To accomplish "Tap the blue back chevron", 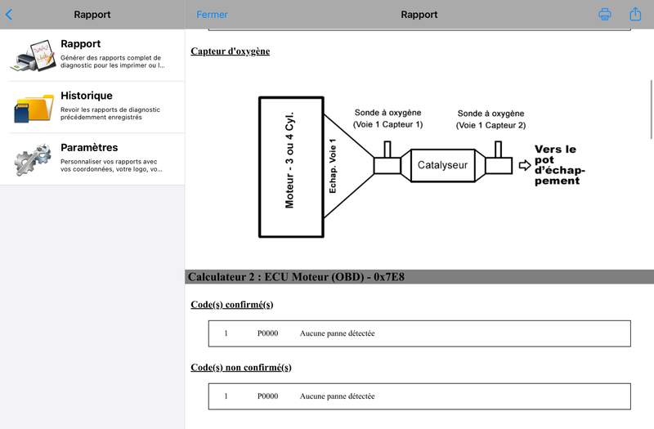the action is click(9, 15).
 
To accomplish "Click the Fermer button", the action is click(212, 15).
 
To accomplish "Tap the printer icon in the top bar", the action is click(605, 14).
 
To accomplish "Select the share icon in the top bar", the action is click(635, 14).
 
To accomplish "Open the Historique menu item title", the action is click(87, 96).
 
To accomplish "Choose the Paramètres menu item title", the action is click(89, 147).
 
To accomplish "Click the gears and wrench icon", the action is click(33, 159).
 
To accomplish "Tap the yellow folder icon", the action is click(34, 108).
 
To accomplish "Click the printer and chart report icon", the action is click(34, 56).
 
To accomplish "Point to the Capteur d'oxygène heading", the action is click(231, 51).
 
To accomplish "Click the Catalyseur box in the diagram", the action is click(442, 166).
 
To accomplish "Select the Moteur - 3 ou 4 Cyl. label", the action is click(289, 160).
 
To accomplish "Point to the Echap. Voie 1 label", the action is click(333, 166).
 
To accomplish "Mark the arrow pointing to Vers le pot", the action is click(525, 166).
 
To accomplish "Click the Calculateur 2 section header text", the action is click(296, 277).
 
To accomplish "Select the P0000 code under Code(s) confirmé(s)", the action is click(267, 333).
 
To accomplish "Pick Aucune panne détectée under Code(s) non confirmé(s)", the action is click(337, 396).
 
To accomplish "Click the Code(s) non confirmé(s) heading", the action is click(241, 367).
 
